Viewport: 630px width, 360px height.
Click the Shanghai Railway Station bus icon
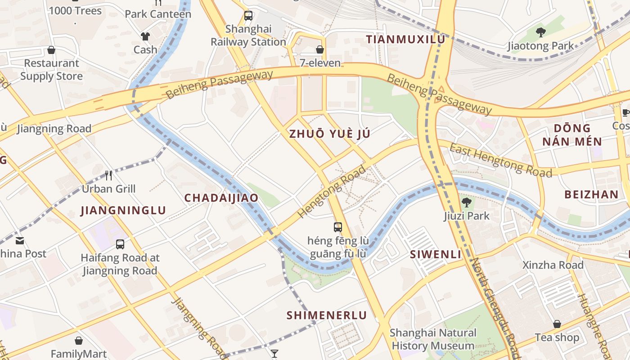248,16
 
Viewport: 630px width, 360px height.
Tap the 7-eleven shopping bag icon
320,49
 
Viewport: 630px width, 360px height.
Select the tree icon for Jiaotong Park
541,32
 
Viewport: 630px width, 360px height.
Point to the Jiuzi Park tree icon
467,202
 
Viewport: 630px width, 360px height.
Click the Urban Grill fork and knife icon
108,175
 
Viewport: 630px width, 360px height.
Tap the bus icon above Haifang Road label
120,244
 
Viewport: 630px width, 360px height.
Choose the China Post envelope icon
20,241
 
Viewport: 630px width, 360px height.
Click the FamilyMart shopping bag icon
79,341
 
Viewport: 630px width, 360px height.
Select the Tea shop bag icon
557,324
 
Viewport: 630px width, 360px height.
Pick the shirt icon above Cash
145,36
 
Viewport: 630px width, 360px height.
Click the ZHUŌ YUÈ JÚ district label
329,134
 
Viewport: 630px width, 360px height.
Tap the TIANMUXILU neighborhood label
405,40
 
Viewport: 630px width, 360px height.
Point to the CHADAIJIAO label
221,198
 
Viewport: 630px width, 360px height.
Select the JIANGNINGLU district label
123,211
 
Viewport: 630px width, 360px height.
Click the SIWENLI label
435,255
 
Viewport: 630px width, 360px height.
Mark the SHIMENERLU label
327,315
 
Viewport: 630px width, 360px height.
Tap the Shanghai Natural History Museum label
433,339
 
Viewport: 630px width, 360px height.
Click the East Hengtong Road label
500,161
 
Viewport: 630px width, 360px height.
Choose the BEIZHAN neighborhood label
591,194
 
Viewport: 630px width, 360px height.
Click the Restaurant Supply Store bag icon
51,50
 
